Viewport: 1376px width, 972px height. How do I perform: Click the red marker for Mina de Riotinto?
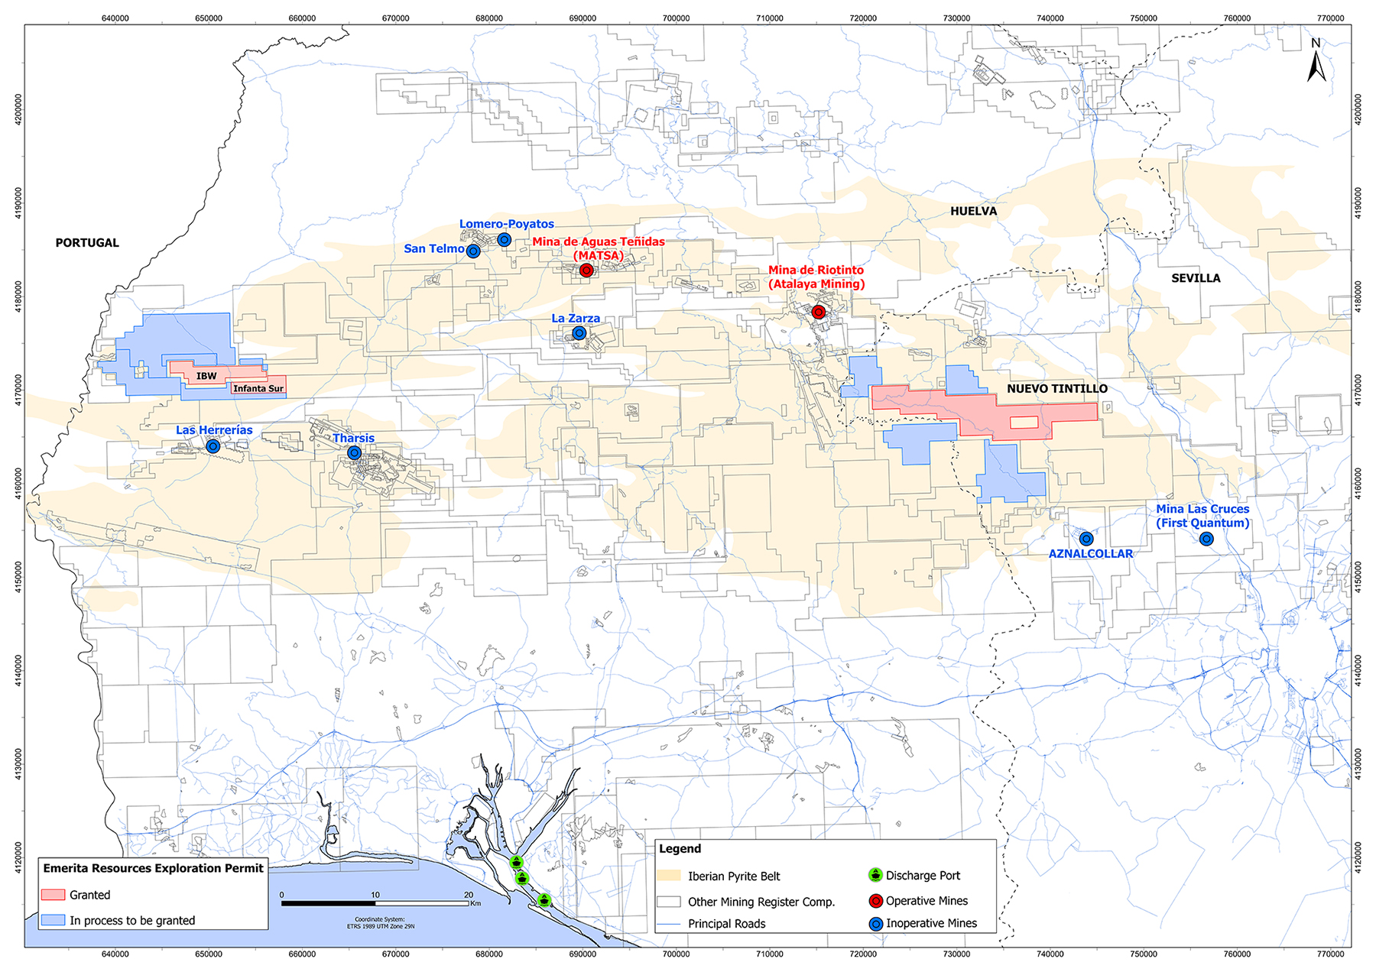click(819, 312)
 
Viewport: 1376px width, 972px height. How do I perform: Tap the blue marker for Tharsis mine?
click(355, 453)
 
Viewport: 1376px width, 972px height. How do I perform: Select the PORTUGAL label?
click(87, 243)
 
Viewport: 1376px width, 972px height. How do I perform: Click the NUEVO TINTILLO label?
click(1056, 389)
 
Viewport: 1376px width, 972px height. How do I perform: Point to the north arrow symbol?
click(1316, 61)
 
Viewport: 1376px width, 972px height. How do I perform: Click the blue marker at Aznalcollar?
click(1086, 539)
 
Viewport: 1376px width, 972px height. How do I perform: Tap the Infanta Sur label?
click(258, 389)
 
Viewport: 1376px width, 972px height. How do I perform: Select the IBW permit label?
click(206, 376)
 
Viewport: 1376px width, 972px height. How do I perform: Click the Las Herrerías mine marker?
click(213, 446)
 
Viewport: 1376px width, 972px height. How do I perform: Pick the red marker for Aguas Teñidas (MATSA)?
click(586, 271)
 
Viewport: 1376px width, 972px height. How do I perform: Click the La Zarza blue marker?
click(579, 333)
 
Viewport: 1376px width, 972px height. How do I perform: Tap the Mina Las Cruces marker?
click(1206, 539)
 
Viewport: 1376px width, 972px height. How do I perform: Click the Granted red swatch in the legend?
click(54, 895)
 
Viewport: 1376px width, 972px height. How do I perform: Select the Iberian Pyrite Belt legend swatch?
click(669, 876)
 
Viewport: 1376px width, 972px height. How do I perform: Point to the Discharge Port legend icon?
click(876, 875)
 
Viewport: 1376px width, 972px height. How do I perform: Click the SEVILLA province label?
click(1196, 278)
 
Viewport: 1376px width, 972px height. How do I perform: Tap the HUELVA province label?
click(973, 211)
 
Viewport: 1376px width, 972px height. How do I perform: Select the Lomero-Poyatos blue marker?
click(505, 240)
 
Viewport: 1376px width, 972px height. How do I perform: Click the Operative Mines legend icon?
click(876, 901)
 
